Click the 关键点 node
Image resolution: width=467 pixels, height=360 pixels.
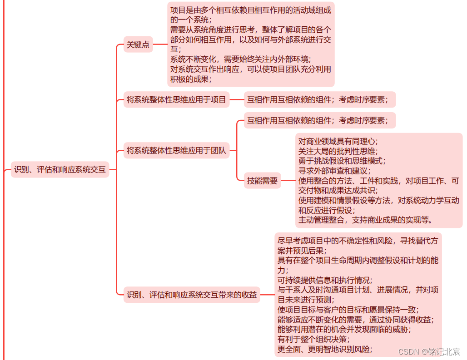(x=138, y=45)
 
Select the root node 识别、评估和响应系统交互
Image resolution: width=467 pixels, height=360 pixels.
(x=60, y=170)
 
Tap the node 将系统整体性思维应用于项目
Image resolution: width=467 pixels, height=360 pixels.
(x=176, y=99)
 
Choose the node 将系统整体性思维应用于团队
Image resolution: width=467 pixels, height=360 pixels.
(x=176, y=150)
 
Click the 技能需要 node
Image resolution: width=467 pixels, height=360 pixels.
(x=262, y=180)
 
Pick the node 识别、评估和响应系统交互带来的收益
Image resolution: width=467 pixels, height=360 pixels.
(x=192, y=295)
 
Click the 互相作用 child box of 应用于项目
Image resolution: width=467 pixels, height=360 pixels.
(x=319, y=99)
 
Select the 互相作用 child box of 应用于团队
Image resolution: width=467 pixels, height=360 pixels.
(x=319, y=120)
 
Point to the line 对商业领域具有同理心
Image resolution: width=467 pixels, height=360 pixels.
(x=338, y=141)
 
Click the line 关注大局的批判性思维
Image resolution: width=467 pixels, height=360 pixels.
(x=338, y=151)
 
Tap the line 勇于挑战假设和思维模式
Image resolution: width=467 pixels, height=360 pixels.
(x=342, y=161)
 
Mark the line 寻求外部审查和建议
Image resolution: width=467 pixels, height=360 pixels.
(x=334, y=171)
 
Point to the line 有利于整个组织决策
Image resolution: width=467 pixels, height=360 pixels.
(x=313, y=339)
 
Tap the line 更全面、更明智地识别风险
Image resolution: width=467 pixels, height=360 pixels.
(x=325, y=349)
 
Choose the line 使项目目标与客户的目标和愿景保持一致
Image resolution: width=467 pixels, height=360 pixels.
(x=348, y=310)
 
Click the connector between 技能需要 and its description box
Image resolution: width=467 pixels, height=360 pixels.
(x=288, y=181)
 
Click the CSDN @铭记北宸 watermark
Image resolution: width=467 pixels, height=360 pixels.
(x=429, y=352)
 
